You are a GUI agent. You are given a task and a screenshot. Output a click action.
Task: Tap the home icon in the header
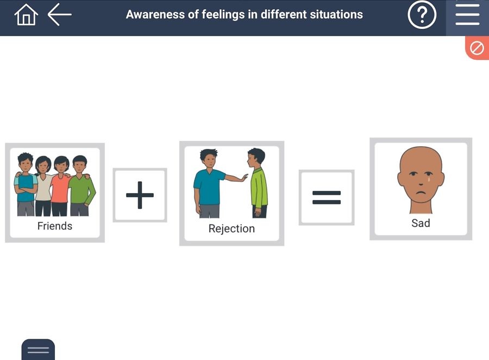[26, 15]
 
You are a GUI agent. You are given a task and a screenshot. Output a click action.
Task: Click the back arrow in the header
[60, 15]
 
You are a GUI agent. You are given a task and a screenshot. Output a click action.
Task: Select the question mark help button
[422, 15]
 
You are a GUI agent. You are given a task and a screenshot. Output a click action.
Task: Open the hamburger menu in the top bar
[467, 15]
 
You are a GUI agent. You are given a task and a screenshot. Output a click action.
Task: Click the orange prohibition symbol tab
[477, 48]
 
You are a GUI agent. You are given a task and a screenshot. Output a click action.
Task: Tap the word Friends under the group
[54, 226]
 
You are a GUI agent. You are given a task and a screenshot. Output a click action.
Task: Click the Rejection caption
[231, 228]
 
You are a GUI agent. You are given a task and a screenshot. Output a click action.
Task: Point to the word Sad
[421, 223]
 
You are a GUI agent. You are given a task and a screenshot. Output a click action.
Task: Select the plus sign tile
[140, 195]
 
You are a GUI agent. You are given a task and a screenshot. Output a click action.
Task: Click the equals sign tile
[327, 197]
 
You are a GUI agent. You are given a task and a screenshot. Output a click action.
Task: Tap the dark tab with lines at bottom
[38, 350]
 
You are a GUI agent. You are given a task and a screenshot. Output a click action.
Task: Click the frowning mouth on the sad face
[420, 193]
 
